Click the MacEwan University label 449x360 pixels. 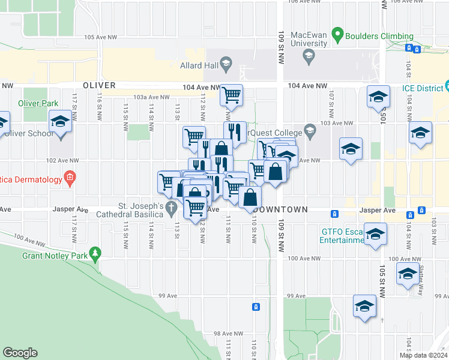click(x=309, y=40)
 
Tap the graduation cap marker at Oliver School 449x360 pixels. click(x=61, y=122)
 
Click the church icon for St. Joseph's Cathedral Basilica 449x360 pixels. click(x=172, y=209)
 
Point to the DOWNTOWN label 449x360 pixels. click(x=281, y=210)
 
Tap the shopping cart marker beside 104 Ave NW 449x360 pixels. click(x=231, y=95)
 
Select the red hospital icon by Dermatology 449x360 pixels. click(x=70, y=178)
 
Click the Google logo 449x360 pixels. click(x=20, y=353)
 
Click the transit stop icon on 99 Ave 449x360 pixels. click(x=256, y=307)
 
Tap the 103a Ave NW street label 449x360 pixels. click(x=148, y=97)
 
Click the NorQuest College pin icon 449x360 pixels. click(x=310, y=130)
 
